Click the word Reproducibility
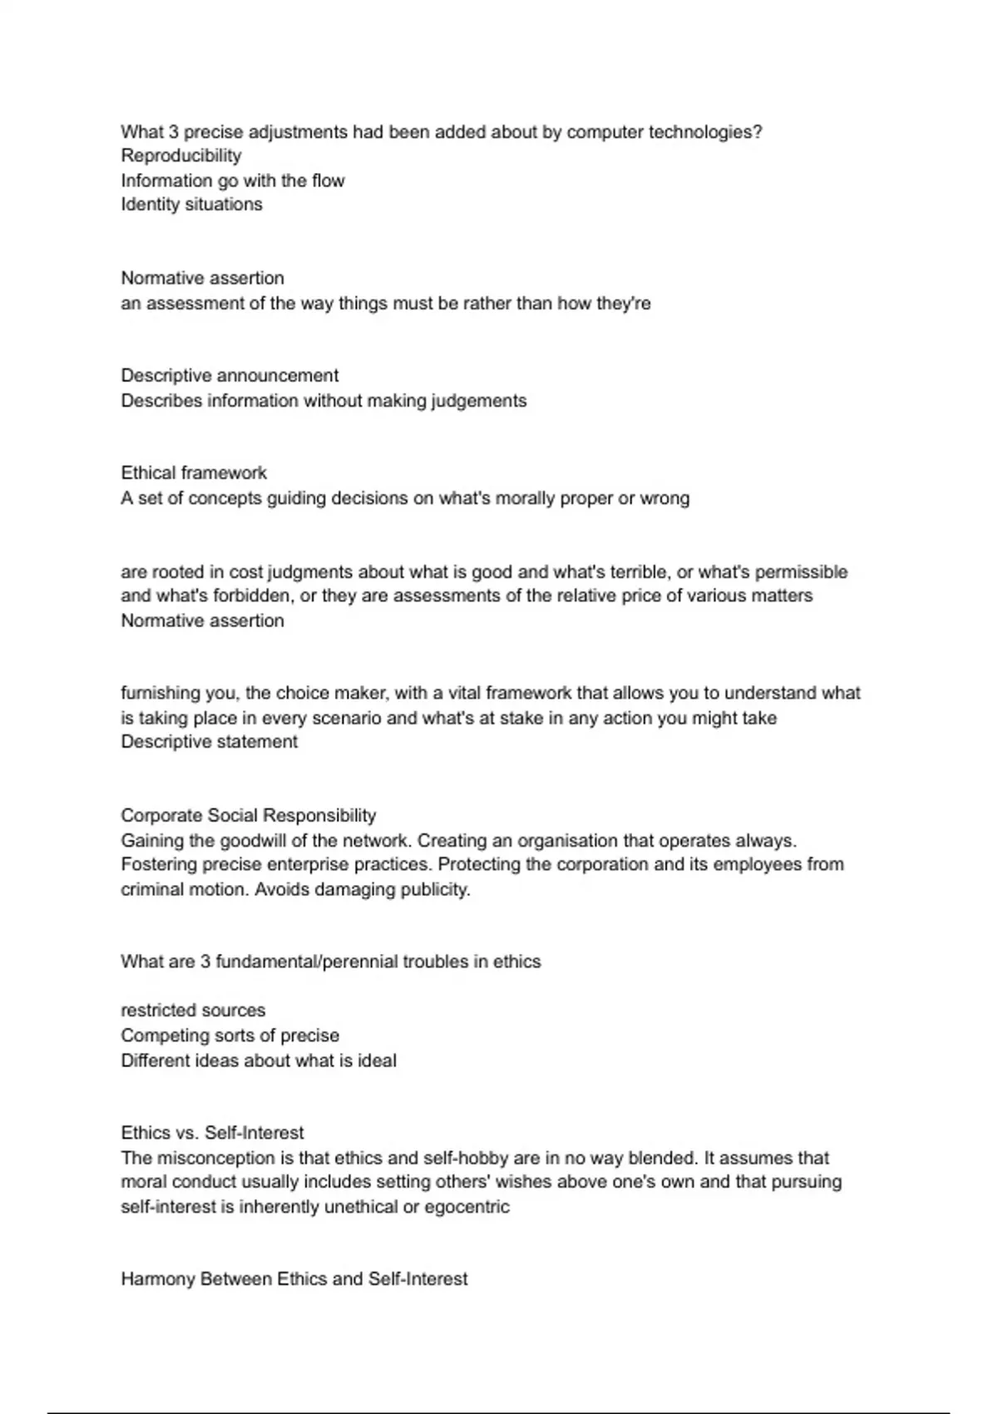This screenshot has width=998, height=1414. tap(181, 156)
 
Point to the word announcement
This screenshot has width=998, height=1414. tap(277, 376)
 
